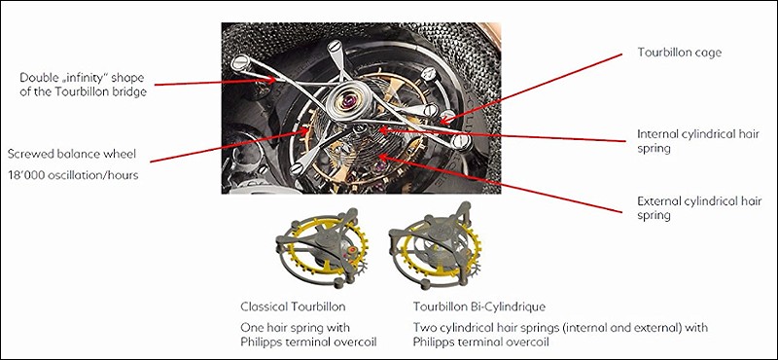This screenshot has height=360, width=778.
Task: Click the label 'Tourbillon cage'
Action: pyautogui.click(x=679, y=53)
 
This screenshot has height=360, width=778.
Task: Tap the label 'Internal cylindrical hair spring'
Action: pyautogui.click(x=698, y=141)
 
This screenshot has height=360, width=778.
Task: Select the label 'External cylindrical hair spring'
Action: pyautogui.click(x=699, y=208)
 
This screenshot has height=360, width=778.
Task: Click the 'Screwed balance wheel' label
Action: pyautogui.click(x=71, y=155)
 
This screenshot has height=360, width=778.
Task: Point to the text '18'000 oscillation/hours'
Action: pyautogui.click(x=73, y=175)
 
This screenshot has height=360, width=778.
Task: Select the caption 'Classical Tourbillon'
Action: pyautogui.click(x=293, y=306)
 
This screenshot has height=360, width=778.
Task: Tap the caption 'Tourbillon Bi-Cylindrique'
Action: pyautogui.click(x=479, y=306)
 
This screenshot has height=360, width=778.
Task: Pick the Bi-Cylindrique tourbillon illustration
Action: pyautogui.click(x=435, y=246)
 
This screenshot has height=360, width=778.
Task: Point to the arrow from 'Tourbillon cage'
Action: pyautogui.click(x=530, y=88)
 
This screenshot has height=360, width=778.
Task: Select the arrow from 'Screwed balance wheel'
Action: pyautogui.click(x=230, y=146)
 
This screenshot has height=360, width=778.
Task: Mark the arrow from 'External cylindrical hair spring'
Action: pyautogui.click(x=500, y=185)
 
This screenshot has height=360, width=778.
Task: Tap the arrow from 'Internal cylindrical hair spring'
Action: pyautogui.click(x=502, y=135)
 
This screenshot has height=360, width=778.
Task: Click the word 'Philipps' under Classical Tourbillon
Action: pyautogui.click(x=262, y=342)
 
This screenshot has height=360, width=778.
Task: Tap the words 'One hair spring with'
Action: pyautogui.click(x=296, y=328)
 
